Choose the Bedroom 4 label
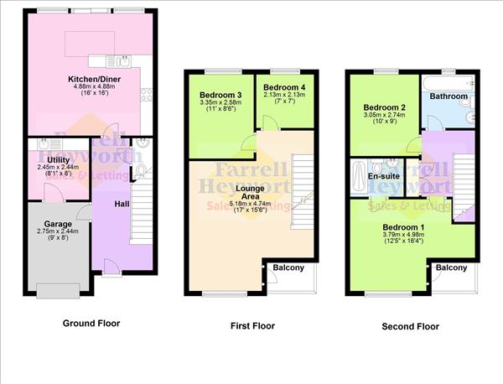(x=278, y=86)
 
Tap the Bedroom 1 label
(x=403, y=227)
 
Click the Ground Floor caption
(x=91, y=323)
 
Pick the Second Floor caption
(x=410, y=326)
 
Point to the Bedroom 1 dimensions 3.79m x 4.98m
(x=403, y=236)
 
